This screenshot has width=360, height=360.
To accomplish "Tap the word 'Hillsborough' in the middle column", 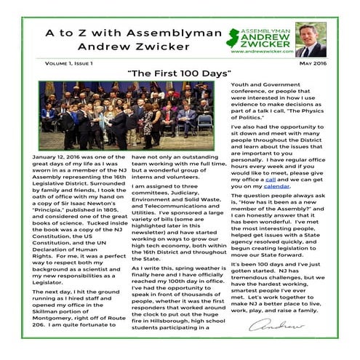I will point(168,319).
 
